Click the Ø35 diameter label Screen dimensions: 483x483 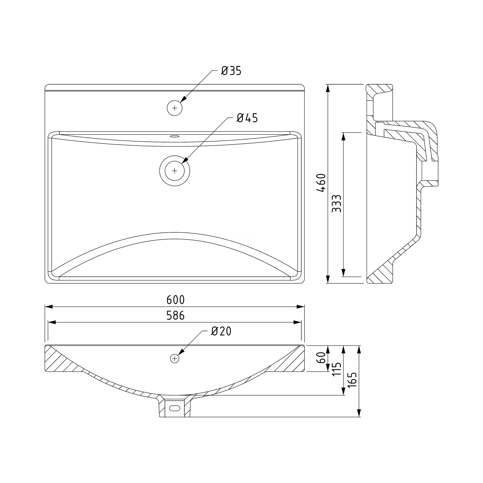coord(231,71)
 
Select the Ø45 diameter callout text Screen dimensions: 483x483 coord(247,118)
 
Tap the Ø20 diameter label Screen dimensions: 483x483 coord(221,331)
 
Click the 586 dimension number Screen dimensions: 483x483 coord(175,315)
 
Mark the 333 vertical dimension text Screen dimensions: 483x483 coord(337,204)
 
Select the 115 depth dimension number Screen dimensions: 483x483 coord(337,368)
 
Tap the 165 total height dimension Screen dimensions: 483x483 coord(352,380)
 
